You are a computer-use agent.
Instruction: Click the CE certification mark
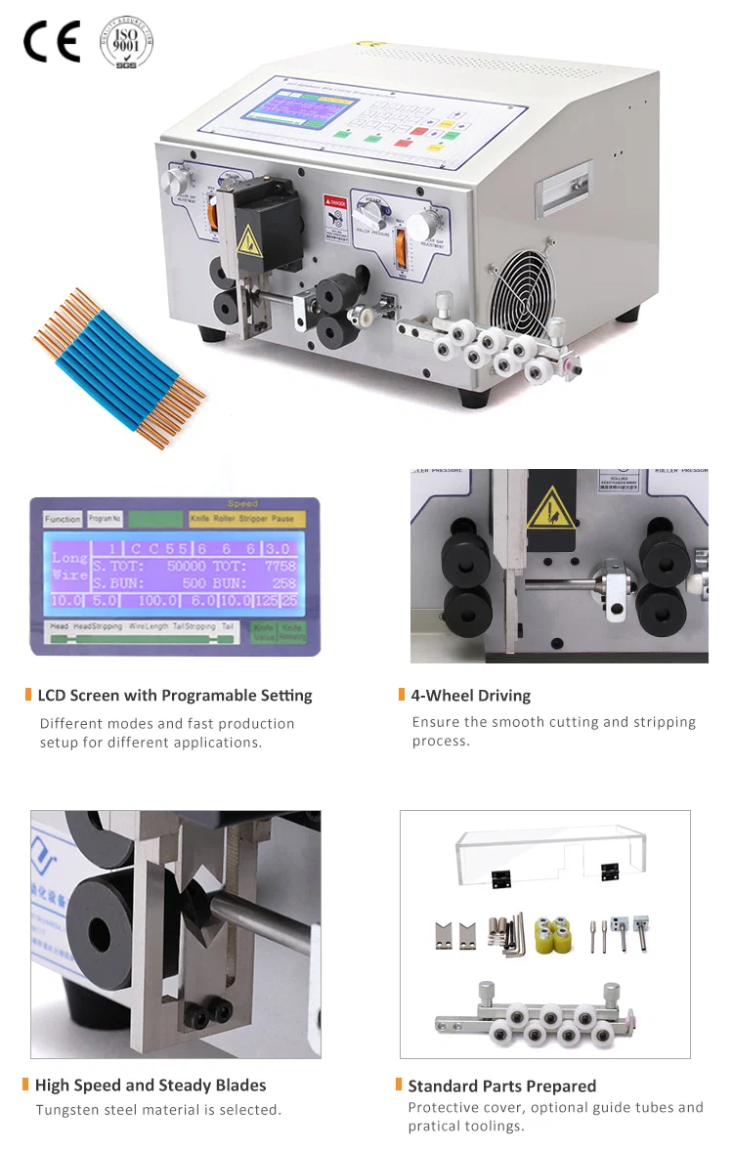pos(52,41)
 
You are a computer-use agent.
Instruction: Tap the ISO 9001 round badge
pos(127,41)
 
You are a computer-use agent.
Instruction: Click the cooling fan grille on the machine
pos(520,280)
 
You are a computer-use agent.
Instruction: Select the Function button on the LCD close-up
pos(63,520)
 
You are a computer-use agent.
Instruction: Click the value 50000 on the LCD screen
pos(186,566)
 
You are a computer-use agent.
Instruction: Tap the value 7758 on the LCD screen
pos(279,566)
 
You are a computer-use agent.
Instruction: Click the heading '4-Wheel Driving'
pos(470,696)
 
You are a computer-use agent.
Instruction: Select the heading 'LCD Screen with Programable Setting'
pos(174,696)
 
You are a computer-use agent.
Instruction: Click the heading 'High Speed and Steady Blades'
pos(150,1085)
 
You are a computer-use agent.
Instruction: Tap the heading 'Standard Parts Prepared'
pos(501,1086)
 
